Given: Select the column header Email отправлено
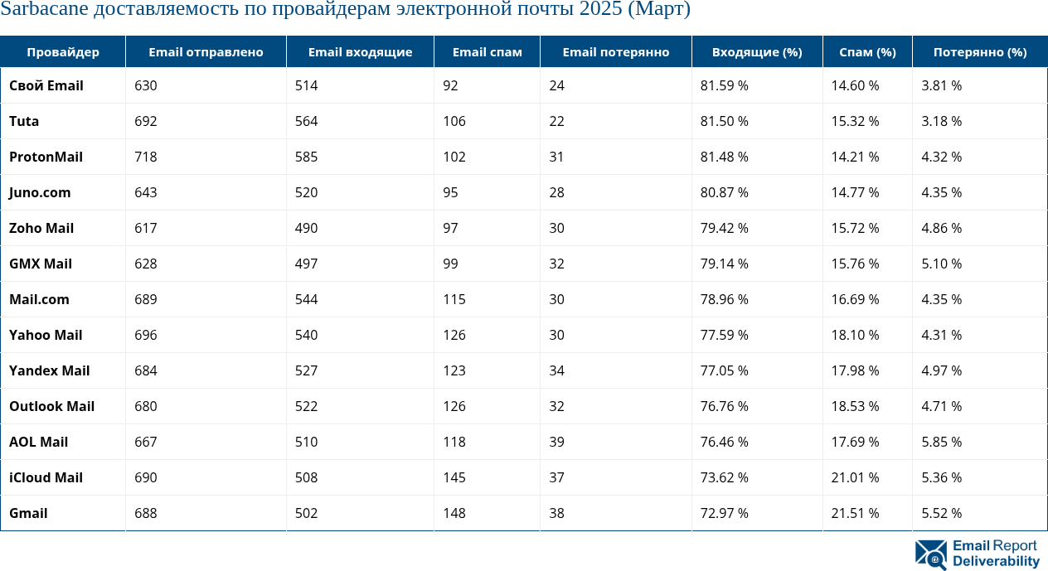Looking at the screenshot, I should pos(206,52).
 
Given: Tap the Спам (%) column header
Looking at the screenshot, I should pos(867,52).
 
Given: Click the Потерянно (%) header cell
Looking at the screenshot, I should pos(979,52).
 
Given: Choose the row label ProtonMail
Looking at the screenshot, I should pos(46,157).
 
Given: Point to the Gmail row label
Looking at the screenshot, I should pos(28,513).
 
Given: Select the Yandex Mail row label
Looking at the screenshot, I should pos(50,370).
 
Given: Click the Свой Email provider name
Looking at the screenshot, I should pos(46,85).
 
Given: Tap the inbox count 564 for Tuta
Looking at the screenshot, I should pos(306,121).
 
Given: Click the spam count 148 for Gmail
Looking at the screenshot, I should pos(454,513).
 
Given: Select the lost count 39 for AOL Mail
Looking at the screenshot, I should pos(556,442).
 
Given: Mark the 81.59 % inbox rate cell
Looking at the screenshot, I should pos(724,85).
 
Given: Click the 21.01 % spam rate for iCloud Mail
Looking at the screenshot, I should pos(855,477).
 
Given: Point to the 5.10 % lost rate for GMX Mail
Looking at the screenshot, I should pos(941,264).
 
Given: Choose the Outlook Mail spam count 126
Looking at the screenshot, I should pos(454,406).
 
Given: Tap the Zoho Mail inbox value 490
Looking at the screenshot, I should pos(306,228).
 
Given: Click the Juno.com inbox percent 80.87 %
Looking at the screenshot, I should pos(724,192).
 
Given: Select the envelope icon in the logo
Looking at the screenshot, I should pos(931,554).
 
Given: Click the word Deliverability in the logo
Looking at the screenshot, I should pos(996,562).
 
